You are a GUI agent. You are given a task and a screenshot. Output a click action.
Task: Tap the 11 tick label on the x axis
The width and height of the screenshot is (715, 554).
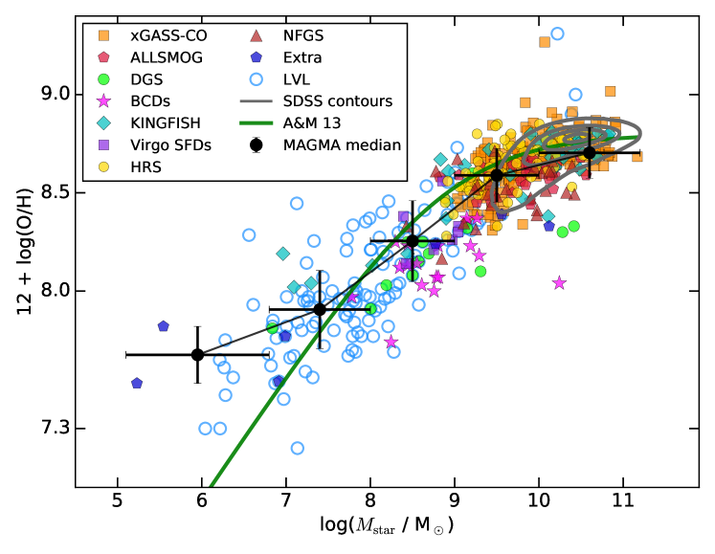[623, 501]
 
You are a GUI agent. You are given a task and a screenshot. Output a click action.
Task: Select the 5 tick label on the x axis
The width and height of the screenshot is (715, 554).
[117, 501]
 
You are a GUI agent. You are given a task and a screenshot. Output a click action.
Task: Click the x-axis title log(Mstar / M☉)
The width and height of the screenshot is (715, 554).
[386, 526]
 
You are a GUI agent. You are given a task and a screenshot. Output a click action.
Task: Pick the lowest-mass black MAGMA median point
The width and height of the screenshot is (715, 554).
[197, 354]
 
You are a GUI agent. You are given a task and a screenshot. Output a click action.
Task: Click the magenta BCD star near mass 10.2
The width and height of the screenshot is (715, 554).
[559, 282]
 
